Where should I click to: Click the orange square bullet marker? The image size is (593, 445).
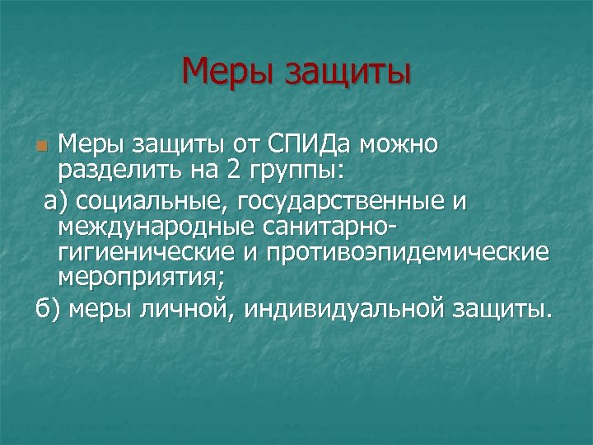click(44, 147)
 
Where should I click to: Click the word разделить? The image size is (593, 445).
click(111, 172)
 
